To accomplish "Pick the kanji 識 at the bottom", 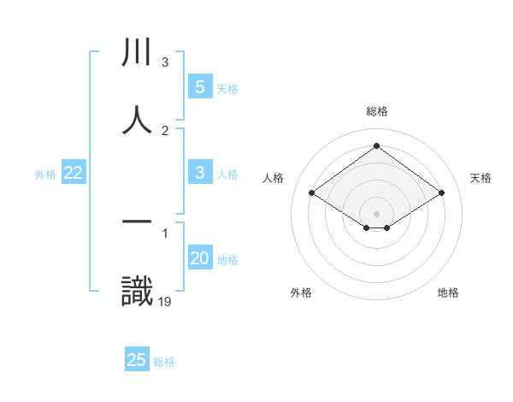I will (137, 291).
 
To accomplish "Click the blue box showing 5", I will (199, 86).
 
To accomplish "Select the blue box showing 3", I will (199, 173).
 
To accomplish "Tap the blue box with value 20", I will (199, 258).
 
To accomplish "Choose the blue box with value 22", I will (74, 173).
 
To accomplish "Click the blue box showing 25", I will (137, 360).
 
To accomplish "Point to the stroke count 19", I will (165, 301).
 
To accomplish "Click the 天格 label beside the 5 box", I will (227, 88).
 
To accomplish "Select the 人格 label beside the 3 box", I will (227, 174).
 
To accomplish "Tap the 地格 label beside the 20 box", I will (227, 260).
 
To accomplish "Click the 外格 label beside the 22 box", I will (45, 174).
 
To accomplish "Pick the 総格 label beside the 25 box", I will (164, 362).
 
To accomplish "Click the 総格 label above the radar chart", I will (376, 111).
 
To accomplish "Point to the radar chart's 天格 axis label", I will (481, 178).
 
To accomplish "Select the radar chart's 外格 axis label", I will (301, 293).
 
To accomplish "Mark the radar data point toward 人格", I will (312, 193).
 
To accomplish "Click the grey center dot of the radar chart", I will (376, 213).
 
